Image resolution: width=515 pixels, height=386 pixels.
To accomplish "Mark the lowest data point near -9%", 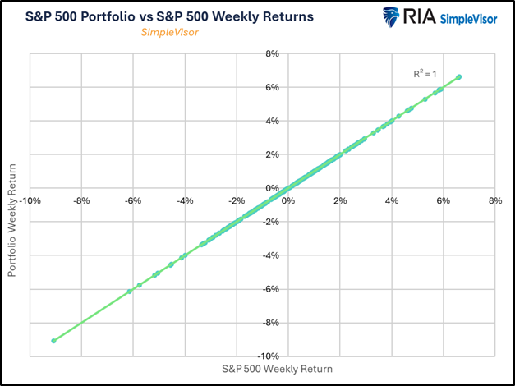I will click(x=54, y=340).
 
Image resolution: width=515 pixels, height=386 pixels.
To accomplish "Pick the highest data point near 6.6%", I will click(x=458, y=77).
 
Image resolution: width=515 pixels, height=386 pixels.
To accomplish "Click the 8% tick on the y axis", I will click(x=272, y=54).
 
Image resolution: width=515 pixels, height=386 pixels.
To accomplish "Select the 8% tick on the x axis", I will click(x=494, y=199).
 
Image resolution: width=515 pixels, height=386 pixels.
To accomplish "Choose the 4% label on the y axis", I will click(x=272, y=121).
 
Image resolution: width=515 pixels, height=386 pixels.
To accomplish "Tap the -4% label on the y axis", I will click(x=271, y=255).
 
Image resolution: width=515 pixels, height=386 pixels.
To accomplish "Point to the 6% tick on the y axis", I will click(x=272, y=88).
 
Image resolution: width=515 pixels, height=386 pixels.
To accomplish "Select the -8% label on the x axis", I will click(x=81, y=199).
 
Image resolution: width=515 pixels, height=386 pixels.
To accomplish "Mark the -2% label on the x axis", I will click(x=237, y=199).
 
